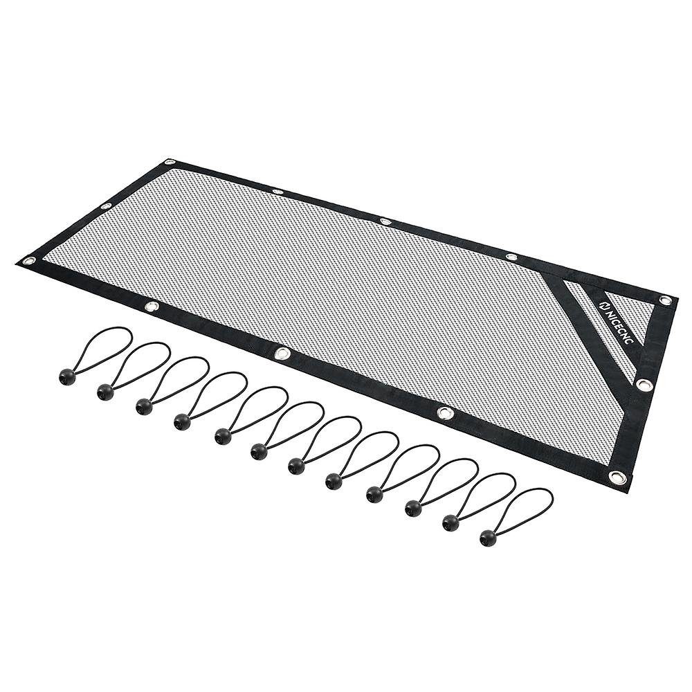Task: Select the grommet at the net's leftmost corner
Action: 29,261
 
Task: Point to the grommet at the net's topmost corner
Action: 170,163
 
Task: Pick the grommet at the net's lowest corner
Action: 616,477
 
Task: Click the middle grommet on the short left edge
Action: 105,206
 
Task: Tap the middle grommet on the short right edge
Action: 644,384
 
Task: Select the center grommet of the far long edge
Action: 385,221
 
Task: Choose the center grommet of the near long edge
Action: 282,354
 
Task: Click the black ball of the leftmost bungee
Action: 66,376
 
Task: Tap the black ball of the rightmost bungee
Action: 487,536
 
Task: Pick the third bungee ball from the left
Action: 144,406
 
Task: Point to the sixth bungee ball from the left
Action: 259,451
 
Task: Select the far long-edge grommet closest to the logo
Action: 511,257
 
